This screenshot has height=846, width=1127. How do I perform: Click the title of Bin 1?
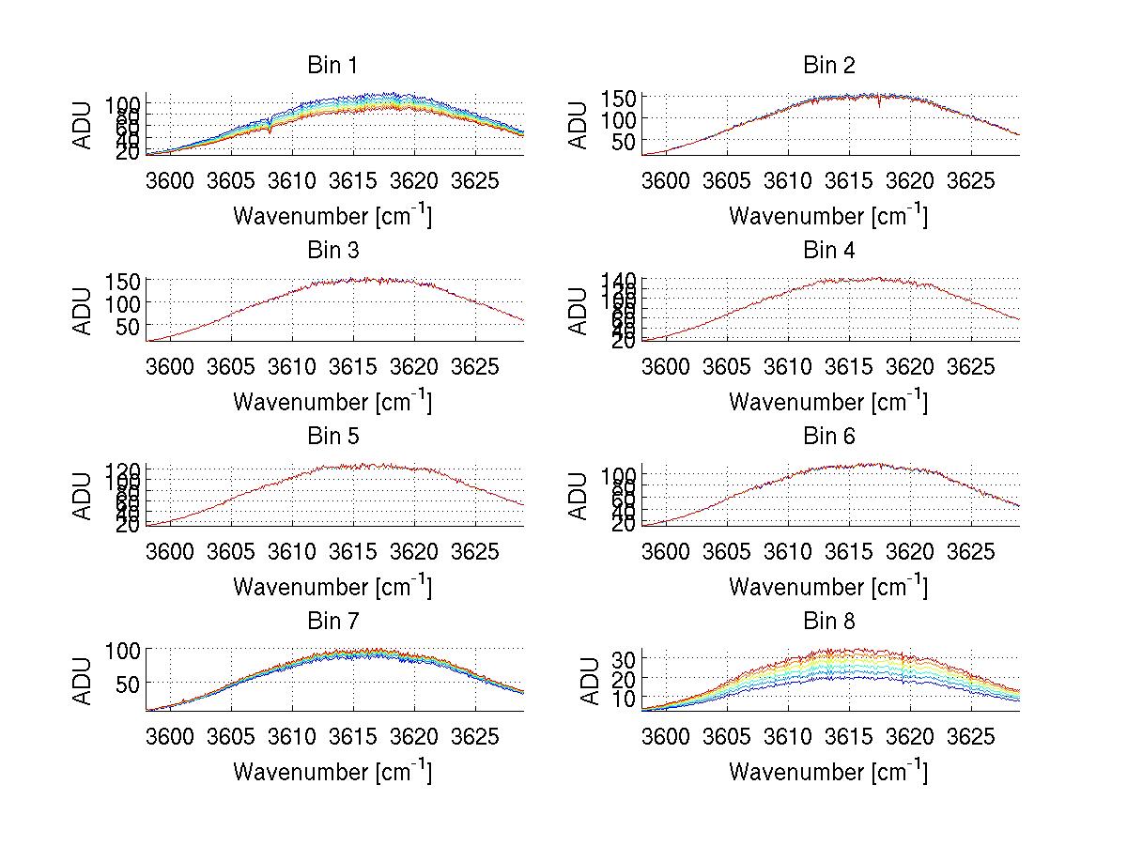[x=332, y=66]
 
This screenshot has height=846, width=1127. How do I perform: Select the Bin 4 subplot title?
[x=828, y=251]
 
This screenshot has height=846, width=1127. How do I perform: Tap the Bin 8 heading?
[x=828, y=622]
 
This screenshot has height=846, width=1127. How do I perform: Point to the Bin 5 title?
[x=332, y=437]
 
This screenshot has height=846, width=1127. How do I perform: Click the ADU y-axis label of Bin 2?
[x=579, y=125]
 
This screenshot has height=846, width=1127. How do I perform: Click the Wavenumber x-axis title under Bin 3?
[x=332, y=402]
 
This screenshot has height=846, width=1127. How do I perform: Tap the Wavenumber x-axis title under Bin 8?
[x=827, y=772]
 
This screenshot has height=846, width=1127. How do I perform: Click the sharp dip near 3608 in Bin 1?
[x=270, y=130]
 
